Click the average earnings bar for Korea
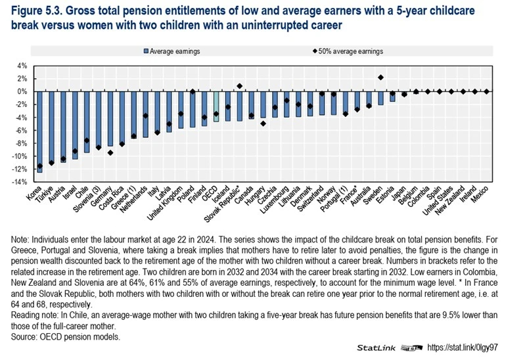(39, 132)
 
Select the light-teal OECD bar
(216, 106)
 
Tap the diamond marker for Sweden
(380, 78)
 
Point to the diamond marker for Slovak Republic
(239, 86)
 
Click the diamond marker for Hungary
(263, 124)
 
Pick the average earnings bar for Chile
(87, 122)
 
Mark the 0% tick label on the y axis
(22, 91)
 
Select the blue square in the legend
(146, 51)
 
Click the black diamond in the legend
(315, 51)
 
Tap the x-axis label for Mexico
(479, 194)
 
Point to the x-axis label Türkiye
(44, 194)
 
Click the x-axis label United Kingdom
(164, 203)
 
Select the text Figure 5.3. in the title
(36, 11)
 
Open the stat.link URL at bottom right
(463, 348)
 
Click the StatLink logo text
(376, 348)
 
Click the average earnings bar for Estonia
(392, 97)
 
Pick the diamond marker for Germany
(110, 152)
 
